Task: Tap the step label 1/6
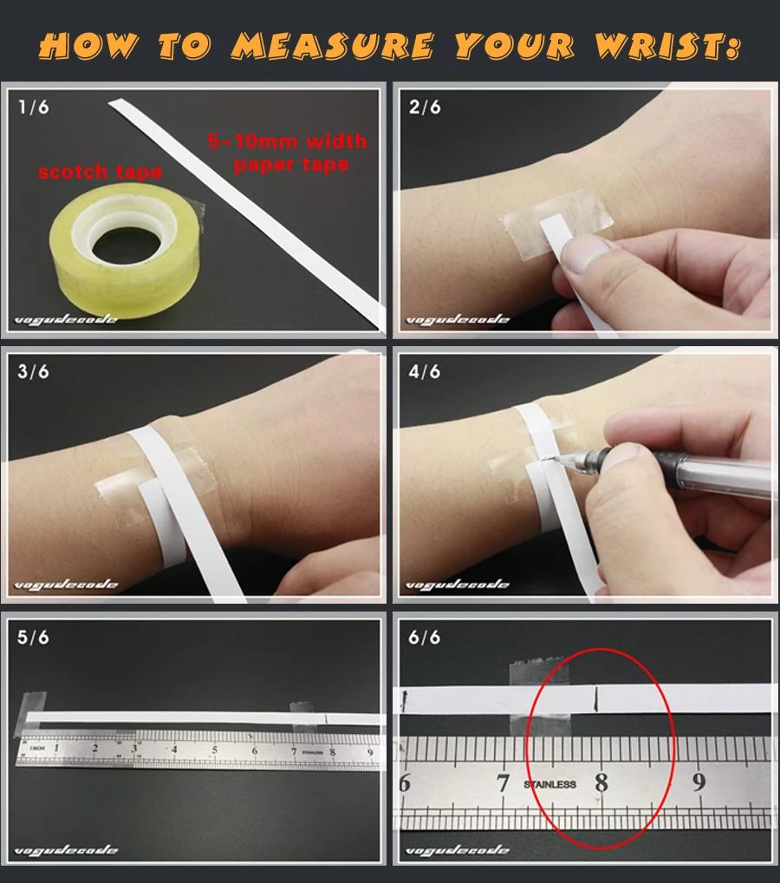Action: (x=33, y=107)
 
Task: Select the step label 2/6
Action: (x=424, y=107)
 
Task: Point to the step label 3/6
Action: (x=33, y=372)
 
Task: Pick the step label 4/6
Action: (x=424, y=372)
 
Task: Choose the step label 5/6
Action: (x=33, y=638)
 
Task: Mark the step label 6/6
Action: (x=424, y=638)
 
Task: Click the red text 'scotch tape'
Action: (x=99, y=172)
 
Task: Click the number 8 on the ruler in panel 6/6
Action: (x=601, y=783)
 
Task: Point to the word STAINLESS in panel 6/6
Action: (x=549, y=784)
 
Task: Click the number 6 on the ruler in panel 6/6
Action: (x=404, y=783)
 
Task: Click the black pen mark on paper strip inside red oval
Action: (x=597, y=697)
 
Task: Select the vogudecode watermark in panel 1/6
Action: (x=66, y=321)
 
